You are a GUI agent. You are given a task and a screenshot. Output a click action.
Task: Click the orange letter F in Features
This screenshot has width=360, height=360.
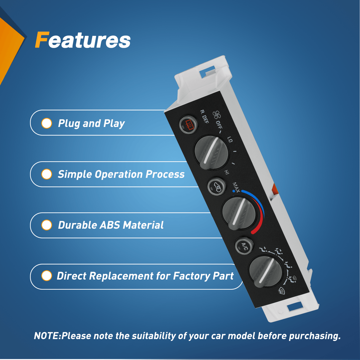point(42,40)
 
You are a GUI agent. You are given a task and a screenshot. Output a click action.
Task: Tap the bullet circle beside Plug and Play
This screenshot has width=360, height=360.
point(47,123)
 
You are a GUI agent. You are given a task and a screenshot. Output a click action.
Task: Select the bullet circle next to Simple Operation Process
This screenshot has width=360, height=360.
point(47,174)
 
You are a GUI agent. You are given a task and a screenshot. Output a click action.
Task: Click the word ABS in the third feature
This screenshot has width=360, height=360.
point(110,225)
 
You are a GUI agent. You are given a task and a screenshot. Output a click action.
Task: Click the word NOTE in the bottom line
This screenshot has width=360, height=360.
point(47,336)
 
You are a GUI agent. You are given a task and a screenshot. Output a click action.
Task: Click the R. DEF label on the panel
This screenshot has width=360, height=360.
point(204,117)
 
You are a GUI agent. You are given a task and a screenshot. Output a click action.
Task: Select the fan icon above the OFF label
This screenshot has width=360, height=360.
point(217,115)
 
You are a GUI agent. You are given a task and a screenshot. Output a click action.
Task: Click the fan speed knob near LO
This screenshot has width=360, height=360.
point(211,153)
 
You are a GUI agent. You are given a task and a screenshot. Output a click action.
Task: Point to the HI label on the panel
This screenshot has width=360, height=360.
point(227,172)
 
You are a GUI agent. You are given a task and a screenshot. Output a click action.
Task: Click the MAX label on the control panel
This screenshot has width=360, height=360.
point(236,187)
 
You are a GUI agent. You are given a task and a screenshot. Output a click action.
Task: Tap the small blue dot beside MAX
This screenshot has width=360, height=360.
point(234,191)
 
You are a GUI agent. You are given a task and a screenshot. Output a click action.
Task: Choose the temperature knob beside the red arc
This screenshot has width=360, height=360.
point(239,214)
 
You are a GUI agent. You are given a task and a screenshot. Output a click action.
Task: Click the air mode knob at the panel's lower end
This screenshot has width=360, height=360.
point(265,272)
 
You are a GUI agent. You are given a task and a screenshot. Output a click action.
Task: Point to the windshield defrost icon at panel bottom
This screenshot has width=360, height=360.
point(281,291)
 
